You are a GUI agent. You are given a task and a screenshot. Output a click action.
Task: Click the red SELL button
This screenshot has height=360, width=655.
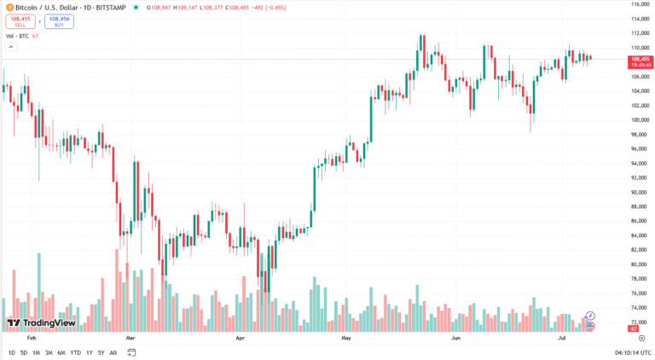click(x=20, y=21)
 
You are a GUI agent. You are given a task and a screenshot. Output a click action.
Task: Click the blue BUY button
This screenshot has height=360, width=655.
click(x=59, y=21)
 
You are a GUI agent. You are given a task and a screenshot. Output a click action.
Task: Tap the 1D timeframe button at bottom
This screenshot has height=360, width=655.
click(x=12, y=352)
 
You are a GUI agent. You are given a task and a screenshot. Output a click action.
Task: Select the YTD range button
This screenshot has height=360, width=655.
click(x=75, y=352)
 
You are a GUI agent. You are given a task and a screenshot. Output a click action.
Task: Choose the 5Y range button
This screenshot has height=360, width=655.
click(x=101, y=352)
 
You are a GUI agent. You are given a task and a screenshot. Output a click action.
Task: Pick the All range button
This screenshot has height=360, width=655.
click(x=113, y=352)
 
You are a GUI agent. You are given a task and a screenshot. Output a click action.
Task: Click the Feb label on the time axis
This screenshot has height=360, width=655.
click(x=32, y=338)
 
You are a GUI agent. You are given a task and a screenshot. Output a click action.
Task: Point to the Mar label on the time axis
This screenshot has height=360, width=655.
click(x=130, y=338)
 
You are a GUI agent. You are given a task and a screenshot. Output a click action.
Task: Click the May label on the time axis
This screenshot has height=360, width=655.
click(x=345, y=338)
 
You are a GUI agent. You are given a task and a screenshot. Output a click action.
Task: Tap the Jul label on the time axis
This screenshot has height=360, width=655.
click(x=562, y=338)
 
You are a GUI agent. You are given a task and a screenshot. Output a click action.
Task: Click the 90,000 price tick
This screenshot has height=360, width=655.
click(x=640, y=192)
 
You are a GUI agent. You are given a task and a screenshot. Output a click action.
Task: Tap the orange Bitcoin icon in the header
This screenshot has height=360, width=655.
click(x=9, y=7)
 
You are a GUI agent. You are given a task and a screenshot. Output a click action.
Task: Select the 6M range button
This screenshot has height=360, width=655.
click(x=61, y=352)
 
